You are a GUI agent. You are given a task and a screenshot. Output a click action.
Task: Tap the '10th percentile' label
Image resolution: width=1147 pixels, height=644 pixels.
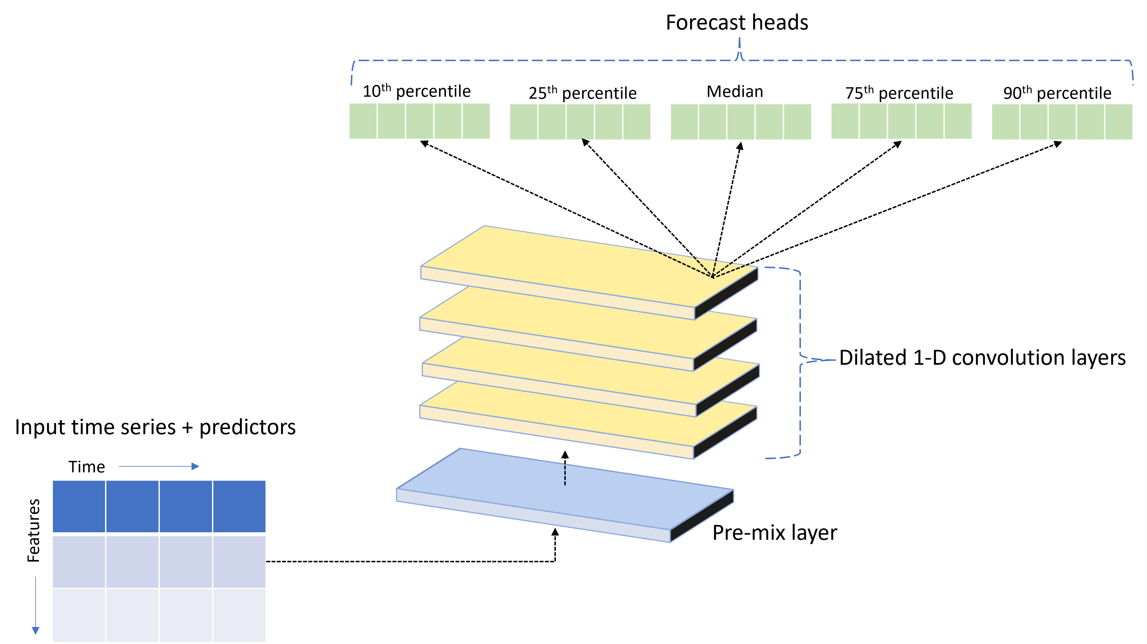click(x=416, y=91)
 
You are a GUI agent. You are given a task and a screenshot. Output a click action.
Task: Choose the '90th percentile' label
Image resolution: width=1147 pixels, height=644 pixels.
click(x=1057, y=93)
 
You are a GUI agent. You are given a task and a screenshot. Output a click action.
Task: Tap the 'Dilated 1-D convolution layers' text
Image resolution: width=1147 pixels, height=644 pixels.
click(x=982, y=357)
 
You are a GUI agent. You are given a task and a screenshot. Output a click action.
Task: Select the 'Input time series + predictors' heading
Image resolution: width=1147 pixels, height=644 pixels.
click(x=155, y=427)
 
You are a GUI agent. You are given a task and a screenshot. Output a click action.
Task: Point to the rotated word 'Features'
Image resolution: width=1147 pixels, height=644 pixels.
click(x=34, y=530)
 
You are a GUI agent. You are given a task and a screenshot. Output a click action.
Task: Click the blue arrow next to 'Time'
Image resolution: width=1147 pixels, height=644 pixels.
click(x=159, y=466)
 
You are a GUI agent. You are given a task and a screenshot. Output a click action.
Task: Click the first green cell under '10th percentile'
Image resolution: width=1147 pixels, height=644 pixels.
click(x=363, y=121)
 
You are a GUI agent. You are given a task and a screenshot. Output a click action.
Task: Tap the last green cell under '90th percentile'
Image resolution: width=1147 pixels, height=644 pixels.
click(x=1118, y=122)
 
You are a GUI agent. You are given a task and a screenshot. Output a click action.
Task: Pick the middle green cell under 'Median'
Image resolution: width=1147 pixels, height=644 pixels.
click(x=740, y=122)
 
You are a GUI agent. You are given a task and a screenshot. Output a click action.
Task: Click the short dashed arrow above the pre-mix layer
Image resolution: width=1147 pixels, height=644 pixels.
click(x=565, y=468)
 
